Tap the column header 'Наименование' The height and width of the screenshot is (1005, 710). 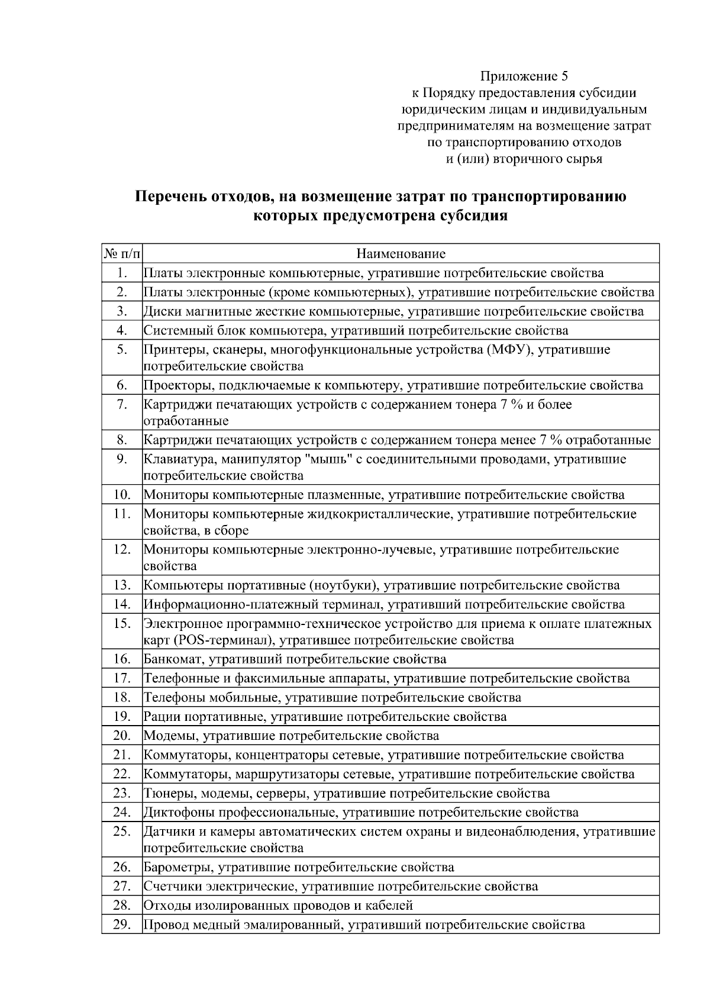click(401, 254)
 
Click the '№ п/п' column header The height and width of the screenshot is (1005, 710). click(122, 254)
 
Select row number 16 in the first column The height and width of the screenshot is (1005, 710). click(122, 659)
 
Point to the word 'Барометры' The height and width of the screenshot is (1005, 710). click(179, 868)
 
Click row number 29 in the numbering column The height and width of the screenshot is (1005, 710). click(122, 925)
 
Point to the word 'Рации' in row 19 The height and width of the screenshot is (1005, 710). click(162, 717)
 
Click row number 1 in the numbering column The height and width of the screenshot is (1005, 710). click(122, 273)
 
